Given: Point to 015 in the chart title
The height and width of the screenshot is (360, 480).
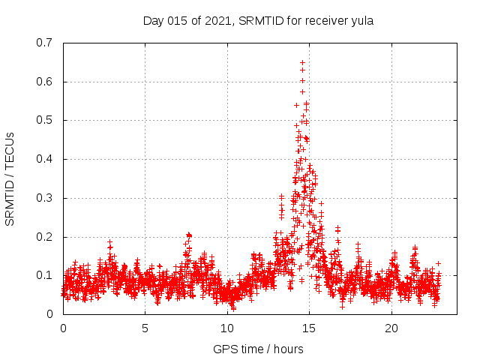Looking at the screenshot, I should pyautogui.click(x=180, y=21).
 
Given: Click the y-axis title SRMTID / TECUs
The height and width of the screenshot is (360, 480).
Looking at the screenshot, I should pyautogui.click(x=10, y=178).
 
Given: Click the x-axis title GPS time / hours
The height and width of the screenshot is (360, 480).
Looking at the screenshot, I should pyautogui.click(x=258, y=349).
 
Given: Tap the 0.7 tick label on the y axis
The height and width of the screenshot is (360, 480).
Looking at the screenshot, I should pyautogui.click(x=43, y=43).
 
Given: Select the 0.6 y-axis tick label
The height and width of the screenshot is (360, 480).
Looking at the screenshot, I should pyautogui.click(x=43, y=82).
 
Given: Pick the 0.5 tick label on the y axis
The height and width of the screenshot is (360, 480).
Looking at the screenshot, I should pyautogui.click(x=43, y=120).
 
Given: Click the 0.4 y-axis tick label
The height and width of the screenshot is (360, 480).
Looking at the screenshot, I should pyautogui.click(x=43, y=159).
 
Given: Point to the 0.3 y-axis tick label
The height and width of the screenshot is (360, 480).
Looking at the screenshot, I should pyautogui.click(x=43, y=198).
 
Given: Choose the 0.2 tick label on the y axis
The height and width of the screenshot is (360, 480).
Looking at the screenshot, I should pyautogui.click(x=43, y=237).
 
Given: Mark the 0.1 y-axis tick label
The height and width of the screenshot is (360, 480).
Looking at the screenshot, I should pyautogui.click(x=43, y=275).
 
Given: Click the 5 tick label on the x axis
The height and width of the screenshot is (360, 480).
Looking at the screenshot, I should pyautogui.click(x=145, y=328).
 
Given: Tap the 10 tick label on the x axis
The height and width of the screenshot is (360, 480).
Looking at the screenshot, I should pyautogui.click(x=227, y=328).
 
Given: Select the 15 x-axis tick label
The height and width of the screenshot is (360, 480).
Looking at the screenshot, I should pyautogui.click(x=310, y=328).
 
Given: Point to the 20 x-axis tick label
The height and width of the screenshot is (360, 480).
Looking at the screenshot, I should pyautogui.click(x=391, y=328).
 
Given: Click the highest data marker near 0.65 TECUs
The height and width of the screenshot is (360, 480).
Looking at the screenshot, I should pyautogui.click(x=302, y=62).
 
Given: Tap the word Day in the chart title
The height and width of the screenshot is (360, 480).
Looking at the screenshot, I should pyautogui.click(x=153, y=21).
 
